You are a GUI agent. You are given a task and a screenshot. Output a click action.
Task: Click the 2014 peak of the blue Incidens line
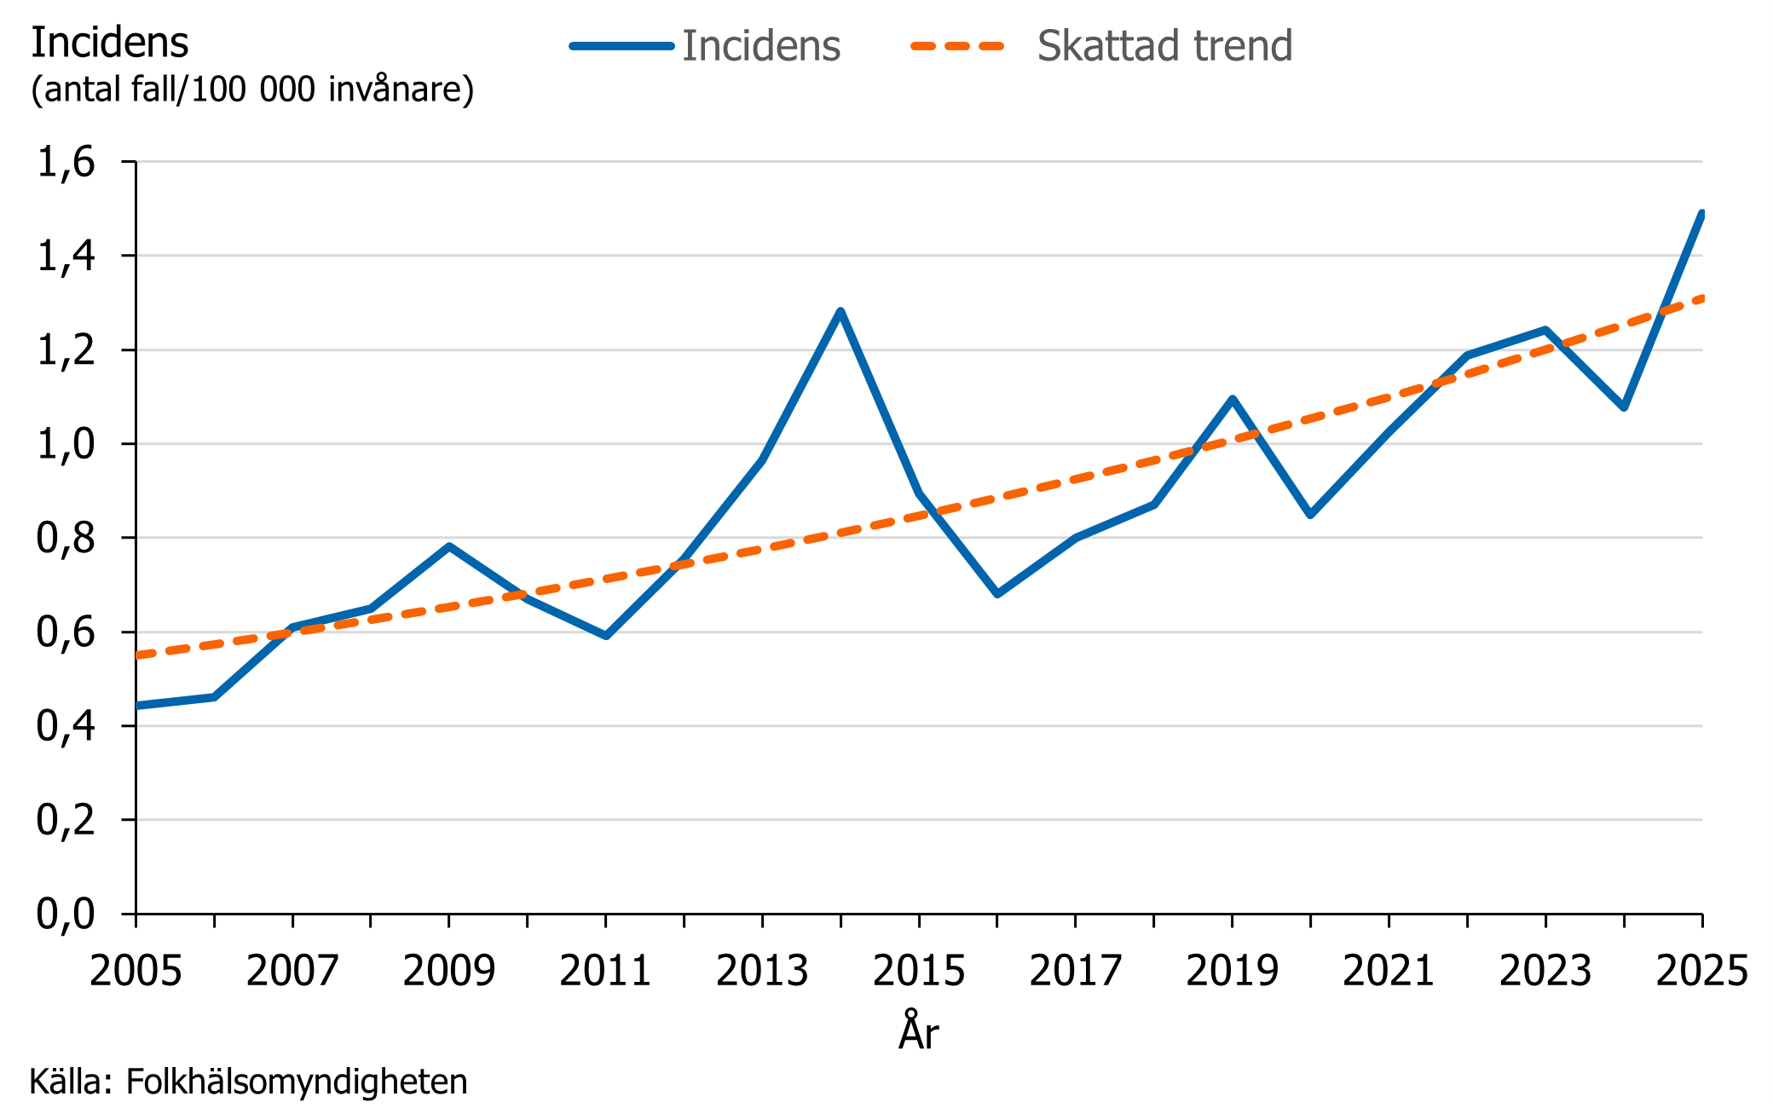click(840, 312)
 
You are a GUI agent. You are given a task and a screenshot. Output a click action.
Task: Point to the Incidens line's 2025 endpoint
click(1701, 214)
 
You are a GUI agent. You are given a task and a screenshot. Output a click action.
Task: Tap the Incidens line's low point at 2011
click(606, 636)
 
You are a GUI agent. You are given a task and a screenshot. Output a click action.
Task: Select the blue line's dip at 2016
click(997, 593)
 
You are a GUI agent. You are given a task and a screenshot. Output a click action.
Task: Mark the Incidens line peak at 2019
click(1233, 399)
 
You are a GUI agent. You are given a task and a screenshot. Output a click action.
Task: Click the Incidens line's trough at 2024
click(1624, 407)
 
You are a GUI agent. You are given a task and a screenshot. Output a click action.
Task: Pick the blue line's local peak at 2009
click(449, 546)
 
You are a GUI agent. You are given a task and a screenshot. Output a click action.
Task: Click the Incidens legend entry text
click(760, 46)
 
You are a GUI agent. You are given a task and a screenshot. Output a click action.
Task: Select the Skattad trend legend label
click(1164, 46)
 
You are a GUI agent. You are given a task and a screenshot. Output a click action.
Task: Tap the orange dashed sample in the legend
click(957, 46)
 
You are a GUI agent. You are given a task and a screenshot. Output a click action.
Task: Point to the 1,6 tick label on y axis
click(66, 162)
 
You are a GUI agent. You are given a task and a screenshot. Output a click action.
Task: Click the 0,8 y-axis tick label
click(66, 538)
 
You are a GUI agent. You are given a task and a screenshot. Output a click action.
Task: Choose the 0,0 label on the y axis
click(66, 914)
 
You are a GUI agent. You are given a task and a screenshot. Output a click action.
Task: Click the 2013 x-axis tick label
click(762, 971)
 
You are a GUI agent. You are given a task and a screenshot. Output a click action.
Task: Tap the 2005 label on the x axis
click(136, 971)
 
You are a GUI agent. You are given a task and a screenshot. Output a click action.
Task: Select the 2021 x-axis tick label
click(1389, 971)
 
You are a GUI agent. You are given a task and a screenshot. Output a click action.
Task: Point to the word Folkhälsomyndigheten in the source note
click(297, 1082)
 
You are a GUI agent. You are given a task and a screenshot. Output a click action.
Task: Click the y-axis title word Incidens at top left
click(109, 43)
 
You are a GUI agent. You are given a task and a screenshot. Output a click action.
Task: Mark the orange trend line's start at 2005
click(138, 655)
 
